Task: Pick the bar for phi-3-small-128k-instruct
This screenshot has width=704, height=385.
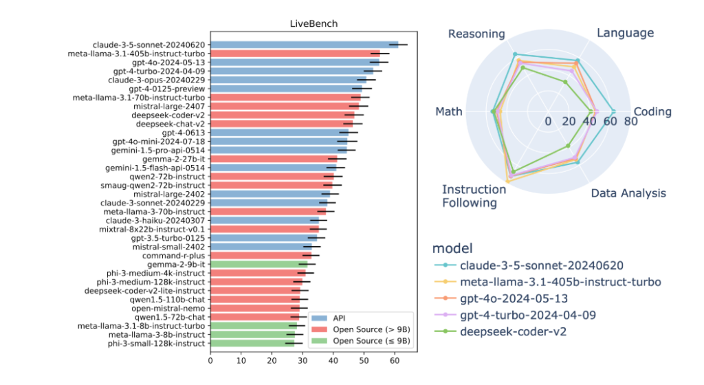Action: pos(252,343)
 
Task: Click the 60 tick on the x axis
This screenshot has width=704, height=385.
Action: pos(395,359)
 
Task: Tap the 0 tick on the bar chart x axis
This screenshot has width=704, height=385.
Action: pos(210,359)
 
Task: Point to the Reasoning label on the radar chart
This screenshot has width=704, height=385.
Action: pos(476,34)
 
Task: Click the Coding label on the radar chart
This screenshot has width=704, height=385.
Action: pos(652,112)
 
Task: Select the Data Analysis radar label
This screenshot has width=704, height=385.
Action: pos(629,193)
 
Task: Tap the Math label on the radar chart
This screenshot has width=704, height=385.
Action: pos(449,112)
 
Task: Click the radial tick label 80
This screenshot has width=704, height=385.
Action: pos(624,122)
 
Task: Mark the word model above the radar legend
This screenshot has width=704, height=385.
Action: pos(453,247)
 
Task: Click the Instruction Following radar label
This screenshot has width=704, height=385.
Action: pos(470,196)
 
